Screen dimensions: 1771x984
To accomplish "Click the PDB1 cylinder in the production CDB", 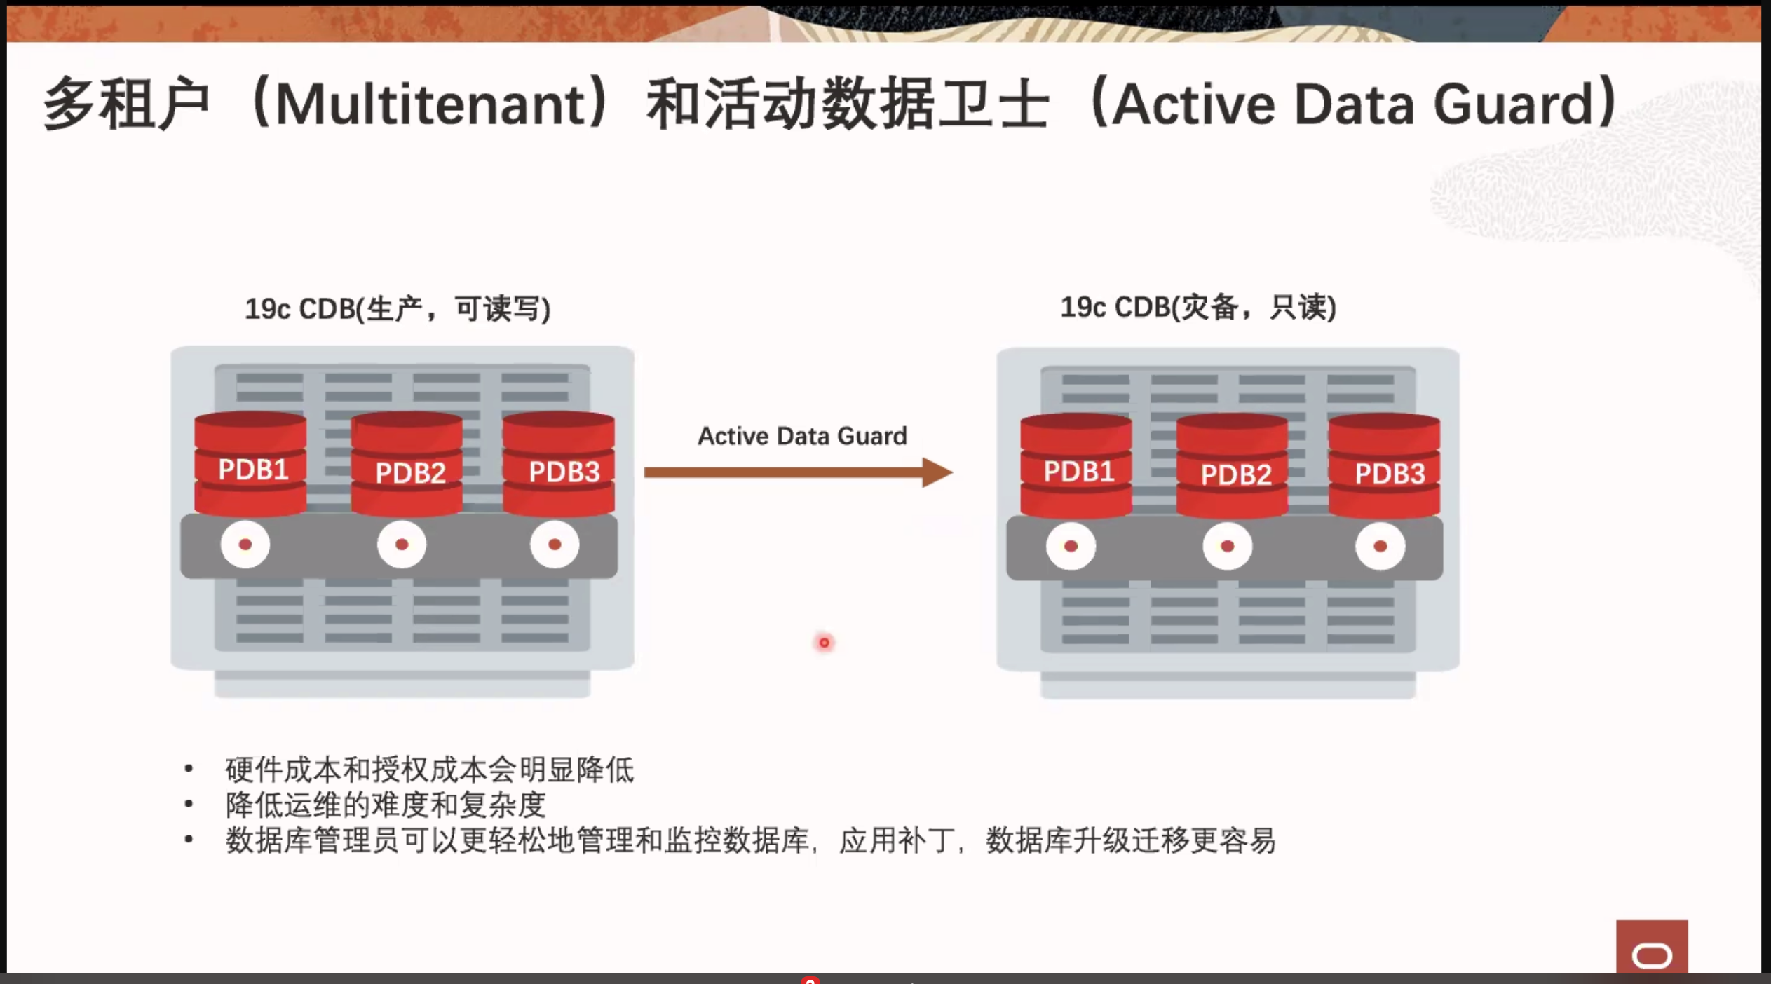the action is pyautogui.click(x=250, y=464).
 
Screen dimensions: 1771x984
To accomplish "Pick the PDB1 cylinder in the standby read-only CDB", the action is pyautogui.click(x=1076, y=466).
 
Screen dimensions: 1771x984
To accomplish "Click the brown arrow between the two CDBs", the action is pyautogui.click(x=799, y=472).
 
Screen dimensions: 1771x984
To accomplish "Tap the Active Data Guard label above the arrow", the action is pyautogui.click(x=802, y=436).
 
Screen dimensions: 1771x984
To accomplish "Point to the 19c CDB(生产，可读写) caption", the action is pyautogui.click(x=398, y=309).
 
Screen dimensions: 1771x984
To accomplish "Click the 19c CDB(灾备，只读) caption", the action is pyautogui.click(x=1198, y=307).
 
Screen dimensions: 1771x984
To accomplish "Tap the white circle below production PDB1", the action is pyautogui.click(x=245, y=545).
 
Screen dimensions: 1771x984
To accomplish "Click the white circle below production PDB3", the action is pyautogui.click(x=555, y=545).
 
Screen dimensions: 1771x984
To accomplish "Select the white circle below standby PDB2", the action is pyautogui.click(x=1228, y=547).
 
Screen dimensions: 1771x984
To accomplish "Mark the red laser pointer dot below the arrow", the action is pyautogui.click(x=825, y=643).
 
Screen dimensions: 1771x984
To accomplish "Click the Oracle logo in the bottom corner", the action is pyautogui.click(x=1653, y=947).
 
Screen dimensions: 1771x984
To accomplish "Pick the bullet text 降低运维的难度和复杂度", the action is pyautogui.click(x=386, y=805).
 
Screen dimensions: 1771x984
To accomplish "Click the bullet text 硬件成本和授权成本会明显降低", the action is pyautogui.click(x=430, y=770).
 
